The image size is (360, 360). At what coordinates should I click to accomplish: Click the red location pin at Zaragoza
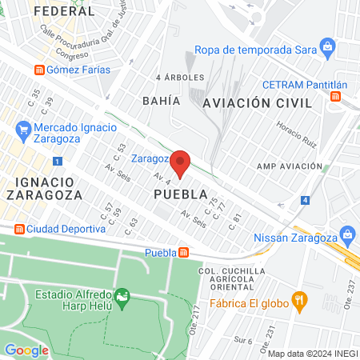(x=180, y=163)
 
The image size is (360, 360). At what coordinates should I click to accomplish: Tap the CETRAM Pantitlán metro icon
(x=336, y=97)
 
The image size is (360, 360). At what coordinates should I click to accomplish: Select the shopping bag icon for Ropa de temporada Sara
(x=327, y=46)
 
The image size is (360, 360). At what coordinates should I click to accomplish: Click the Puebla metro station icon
(x=185, y=253)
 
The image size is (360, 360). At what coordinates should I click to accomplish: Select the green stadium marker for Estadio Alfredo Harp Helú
(x=122, y=298)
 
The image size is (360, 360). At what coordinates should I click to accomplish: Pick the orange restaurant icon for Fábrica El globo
(x=300, y=302)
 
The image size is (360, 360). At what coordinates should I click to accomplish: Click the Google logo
(x=26, y=350)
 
